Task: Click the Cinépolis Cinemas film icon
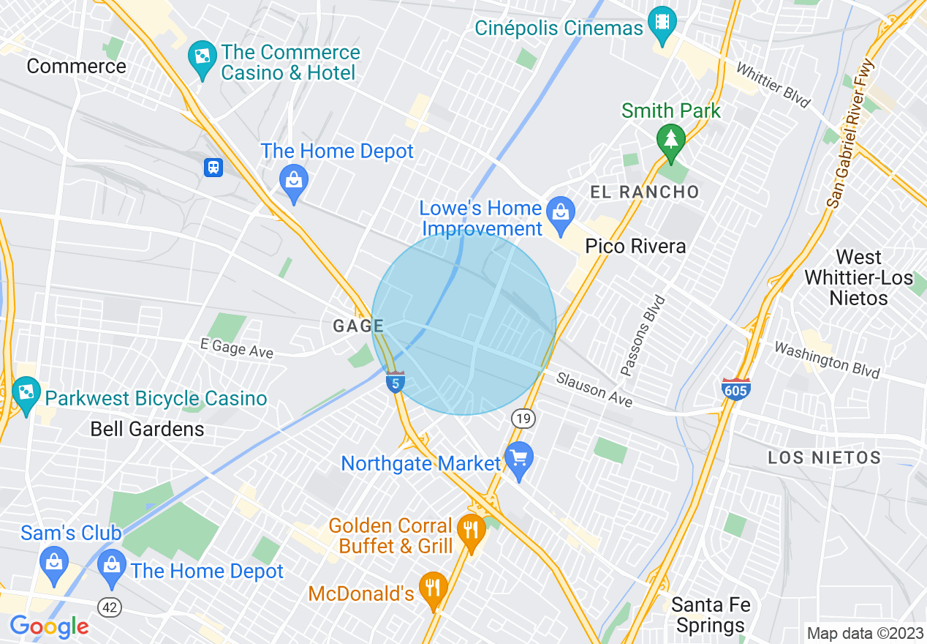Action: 662,22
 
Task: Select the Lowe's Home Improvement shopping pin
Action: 561,212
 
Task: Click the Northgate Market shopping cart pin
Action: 519,460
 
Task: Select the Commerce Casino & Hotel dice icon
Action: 200,55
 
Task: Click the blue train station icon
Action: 213,168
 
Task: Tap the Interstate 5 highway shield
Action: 396,381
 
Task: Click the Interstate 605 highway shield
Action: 735,389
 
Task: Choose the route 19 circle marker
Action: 523,419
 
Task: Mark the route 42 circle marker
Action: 109,607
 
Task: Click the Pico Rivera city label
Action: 635,246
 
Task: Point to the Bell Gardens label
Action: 147,429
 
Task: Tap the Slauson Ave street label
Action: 594,389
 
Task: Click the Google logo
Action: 49,626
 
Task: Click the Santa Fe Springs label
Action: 710,615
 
